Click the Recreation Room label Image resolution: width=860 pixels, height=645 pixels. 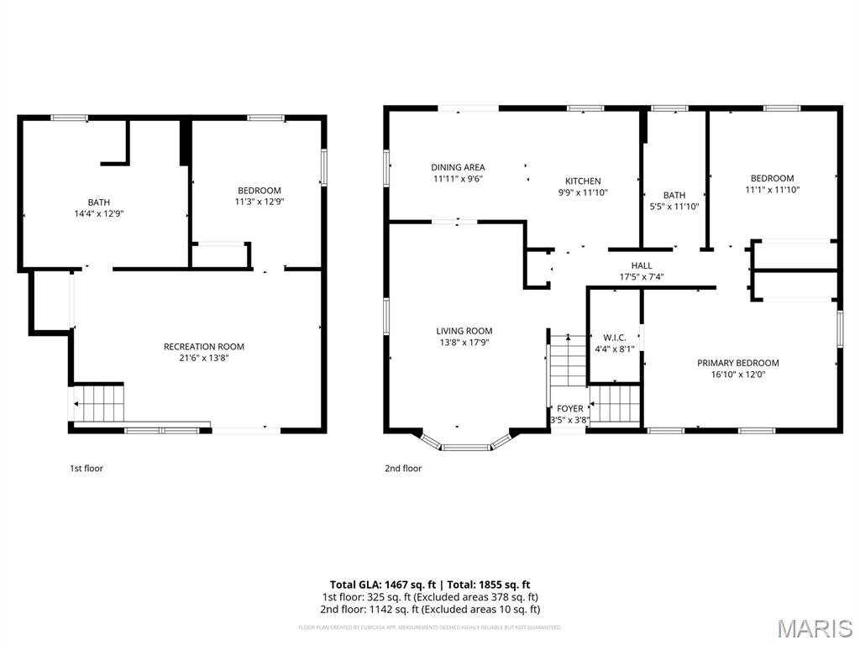pos(203,347)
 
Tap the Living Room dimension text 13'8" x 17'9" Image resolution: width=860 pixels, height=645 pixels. pos(464,343)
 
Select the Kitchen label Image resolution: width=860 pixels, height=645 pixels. pos(583,181)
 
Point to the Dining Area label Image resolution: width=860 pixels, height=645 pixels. pos(458,167)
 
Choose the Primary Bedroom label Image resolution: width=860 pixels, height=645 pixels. pos(737,363)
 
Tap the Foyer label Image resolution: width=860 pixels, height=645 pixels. pos(569,409)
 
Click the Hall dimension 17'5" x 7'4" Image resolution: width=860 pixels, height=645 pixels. pos(642,277)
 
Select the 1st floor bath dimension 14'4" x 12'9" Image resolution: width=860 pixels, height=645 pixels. pos(99,214)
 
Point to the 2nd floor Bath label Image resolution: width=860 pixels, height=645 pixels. pos(674,196)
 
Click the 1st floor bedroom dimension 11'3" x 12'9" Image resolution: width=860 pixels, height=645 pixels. pos(259,202)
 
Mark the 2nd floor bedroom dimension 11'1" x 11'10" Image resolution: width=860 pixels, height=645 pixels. pos(772,190)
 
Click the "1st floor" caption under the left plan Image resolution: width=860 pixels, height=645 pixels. pos(86,469)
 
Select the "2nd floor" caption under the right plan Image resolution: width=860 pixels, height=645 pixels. pos(403,469)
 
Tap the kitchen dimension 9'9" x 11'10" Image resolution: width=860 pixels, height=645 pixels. pos(583,193)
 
